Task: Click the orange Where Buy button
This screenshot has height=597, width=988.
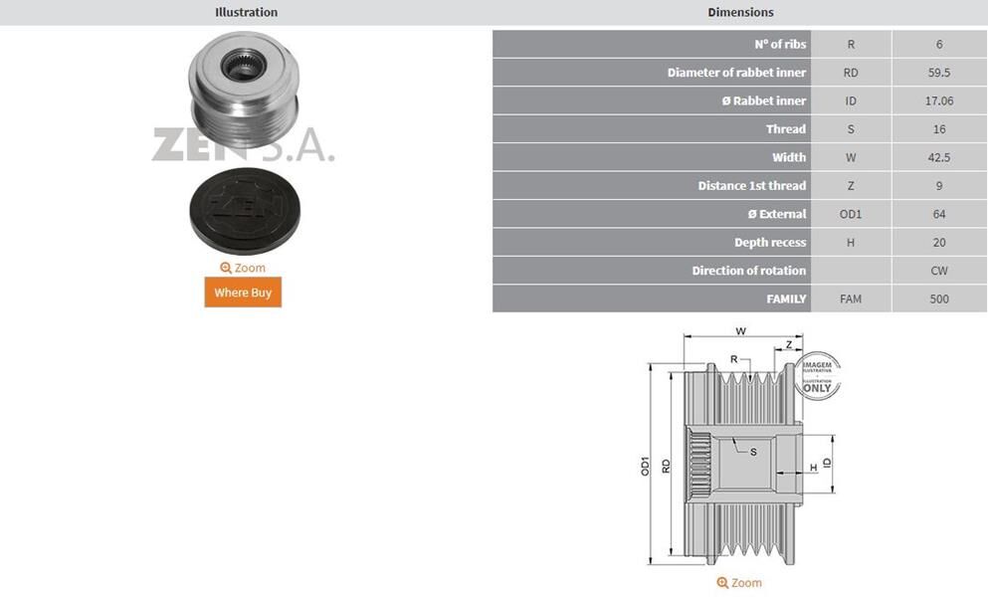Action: (243, 293)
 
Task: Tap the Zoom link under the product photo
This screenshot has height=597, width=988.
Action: (243, 268)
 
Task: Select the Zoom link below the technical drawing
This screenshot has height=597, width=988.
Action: (739, 583)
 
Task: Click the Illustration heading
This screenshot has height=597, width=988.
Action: (246, 12)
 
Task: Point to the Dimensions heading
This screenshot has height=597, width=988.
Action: (740, 12)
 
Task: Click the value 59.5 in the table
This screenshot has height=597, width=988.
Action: (939, 73)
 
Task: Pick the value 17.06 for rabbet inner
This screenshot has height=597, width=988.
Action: (939, 100)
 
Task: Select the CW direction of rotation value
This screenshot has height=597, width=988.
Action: (939, 271)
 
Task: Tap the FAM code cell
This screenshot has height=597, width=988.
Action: (851, 298)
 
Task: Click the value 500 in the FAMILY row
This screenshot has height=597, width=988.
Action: (939, 298)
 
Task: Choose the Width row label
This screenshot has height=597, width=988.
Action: (789, 157)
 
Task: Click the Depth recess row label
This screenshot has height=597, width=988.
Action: (770, 243)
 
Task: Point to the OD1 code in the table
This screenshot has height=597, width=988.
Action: (851, 214)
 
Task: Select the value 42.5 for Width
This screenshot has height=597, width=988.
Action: (939, 157)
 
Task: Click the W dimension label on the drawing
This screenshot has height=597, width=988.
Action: (740, 331)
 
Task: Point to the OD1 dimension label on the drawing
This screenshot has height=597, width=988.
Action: (645, 465)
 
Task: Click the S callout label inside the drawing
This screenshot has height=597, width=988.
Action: (753, 452)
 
